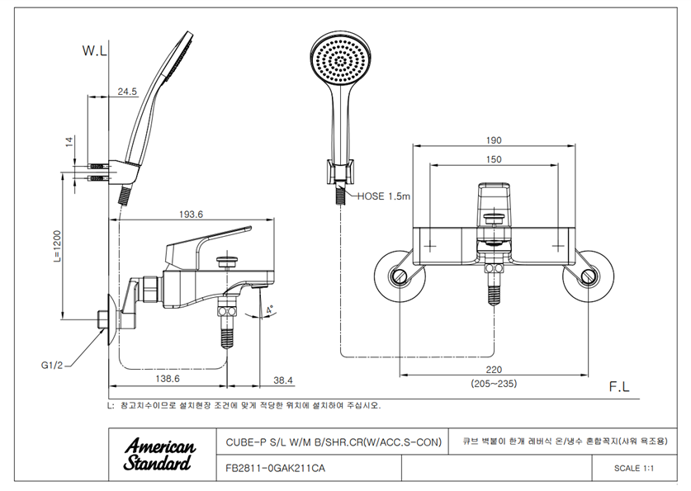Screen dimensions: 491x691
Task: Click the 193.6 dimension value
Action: (x=191, y=214)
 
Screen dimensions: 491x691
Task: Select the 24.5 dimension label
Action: (x=128, y=92)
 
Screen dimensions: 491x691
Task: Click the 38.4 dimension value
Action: (x=283, y=380)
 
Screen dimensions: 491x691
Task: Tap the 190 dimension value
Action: (x=494, y=139)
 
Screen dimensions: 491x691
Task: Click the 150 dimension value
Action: (x=494, y=159)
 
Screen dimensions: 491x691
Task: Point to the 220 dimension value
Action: (x=494, y=371)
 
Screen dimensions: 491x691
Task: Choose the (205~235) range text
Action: (x=494, y=385)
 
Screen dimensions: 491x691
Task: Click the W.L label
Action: (x=95, y=51)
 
